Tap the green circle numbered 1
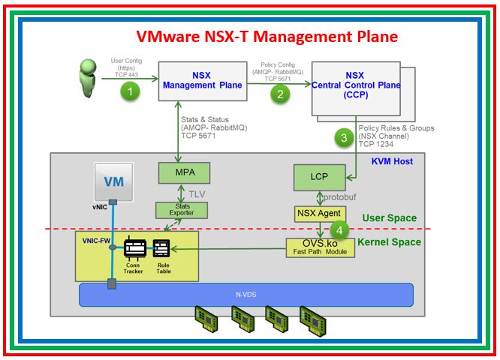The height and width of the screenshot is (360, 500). tap(131, 91)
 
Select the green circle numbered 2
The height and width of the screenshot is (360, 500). tap(281, 94)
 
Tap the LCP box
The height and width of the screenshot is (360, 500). tap(318, 178)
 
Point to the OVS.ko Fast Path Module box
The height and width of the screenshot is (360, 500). tap(318, 247)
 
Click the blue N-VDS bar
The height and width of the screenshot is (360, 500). tap(246, 294)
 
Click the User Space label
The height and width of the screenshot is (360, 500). tap(389, 218)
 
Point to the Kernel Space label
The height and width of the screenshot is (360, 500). tap(388, 242)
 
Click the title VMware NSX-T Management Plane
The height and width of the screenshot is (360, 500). tap(267, 37)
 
